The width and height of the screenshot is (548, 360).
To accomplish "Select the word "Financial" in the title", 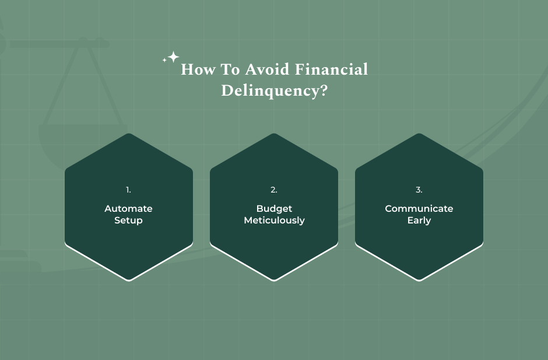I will [332, 69].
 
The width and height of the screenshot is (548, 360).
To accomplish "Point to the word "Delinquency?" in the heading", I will [274, 91].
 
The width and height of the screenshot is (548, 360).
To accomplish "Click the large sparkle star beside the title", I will [173, 57].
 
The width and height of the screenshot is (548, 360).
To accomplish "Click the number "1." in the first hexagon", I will [129, 190].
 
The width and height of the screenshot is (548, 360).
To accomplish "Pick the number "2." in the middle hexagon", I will [274, 190].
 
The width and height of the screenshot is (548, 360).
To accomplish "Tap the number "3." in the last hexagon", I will [419, 190].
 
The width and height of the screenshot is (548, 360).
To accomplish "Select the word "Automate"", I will [129, 208].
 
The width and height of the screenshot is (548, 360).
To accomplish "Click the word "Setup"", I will [129, 221].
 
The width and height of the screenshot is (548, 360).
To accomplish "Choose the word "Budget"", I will [274, 208].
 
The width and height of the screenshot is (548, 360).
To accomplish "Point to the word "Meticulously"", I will [274, 221].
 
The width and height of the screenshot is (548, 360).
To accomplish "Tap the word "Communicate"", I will [419, 208].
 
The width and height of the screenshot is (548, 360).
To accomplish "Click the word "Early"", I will [419, 221].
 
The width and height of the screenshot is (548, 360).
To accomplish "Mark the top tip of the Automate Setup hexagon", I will [129, 134].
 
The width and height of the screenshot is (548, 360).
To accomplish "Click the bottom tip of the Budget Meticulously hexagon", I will [274, 279].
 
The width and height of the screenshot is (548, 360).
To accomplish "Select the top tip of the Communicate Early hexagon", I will [419, 134].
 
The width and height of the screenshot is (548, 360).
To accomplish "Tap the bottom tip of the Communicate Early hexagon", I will [419, 279].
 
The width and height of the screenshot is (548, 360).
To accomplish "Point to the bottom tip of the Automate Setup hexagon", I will [129, 279].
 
